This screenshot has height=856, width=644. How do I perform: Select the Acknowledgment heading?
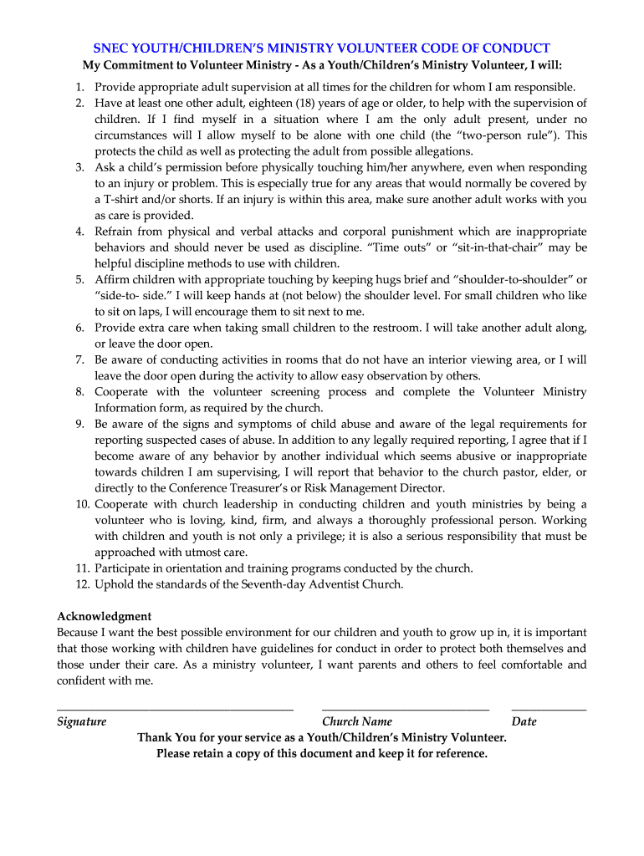tap(104, 616)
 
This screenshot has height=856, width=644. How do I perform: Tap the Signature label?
tap(81, 721)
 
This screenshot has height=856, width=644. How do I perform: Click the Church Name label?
tap(357, 721)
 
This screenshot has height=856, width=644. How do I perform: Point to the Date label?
tap(524, 721)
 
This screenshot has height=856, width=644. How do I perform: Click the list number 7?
tap(79, 360)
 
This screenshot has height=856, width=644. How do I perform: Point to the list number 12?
tap(81, 584)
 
